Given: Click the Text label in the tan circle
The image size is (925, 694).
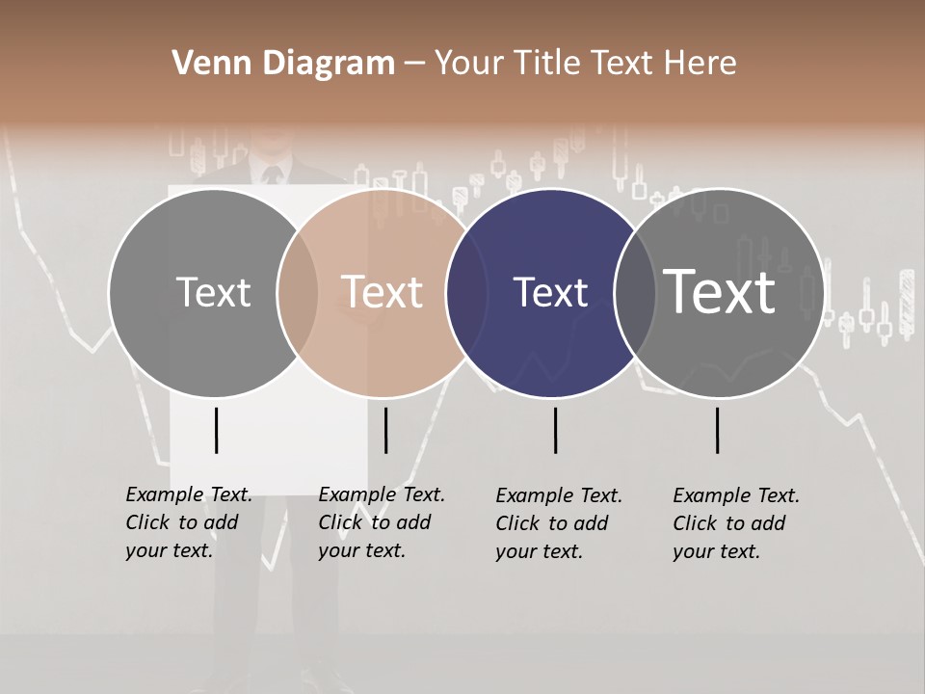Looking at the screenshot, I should (x=383, y=292).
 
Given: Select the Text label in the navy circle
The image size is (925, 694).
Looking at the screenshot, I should (x=550, y=292).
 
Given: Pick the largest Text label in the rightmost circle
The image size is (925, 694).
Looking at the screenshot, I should (x=719, y=291).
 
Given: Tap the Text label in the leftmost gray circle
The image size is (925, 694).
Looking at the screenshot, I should (x=213, y=292).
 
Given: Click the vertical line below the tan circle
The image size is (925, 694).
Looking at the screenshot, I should (x=385, y=430).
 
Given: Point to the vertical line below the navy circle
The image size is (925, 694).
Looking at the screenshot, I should (x=555, y=430).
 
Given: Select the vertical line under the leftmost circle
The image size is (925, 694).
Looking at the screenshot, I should (x=216, y=430).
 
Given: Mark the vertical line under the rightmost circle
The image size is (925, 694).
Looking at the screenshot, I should (x=717, y=430).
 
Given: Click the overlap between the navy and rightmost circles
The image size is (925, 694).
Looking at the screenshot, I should (x=634, y=293).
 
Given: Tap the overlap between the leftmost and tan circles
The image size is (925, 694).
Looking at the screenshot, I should (x=298, y=293).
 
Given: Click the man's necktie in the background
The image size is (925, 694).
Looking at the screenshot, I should (x=272, y=175).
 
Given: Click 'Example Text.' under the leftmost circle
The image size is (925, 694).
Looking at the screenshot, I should (x=189, y=494).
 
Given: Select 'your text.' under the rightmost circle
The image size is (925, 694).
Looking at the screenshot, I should (x=716, y=551).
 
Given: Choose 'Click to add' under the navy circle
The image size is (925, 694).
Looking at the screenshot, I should (x=552, y=523).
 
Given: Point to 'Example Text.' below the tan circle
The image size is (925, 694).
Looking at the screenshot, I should (x=382, y=494).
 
